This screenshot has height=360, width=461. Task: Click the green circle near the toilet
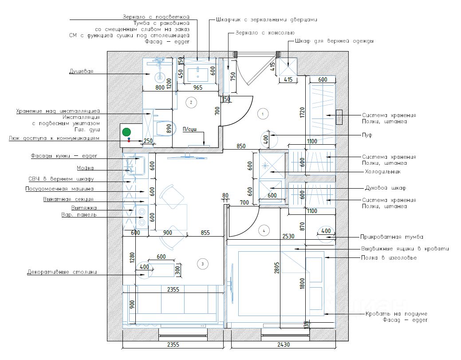[x=127, y=132]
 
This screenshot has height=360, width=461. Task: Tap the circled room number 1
[x=263, y=114]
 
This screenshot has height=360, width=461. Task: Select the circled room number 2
[x=191, y=103]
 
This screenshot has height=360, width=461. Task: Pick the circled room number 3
[x=202, y=264]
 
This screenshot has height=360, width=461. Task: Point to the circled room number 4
[x=264, y=230]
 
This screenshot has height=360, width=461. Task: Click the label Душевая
[x=81, y=71]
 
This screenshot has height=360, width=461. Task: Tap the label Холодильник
[x=382, y=171]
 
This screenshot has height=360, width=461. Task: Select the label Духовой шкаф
[x=385, y=188]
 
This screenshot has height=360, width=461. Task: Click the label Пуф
[x=366, y=135]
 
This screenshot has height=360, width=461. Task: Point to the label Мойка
[x=85, y=168]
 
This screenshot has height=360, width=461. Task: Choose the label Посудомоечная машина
[x=59, y=189]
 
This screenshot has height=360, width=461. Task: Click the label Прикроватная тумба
[x=392, y=237]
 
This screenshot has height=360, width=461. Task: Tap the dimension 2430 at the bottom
[x=284, y=344]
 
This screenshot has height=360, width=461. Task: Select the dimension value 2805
[x=277, y=268]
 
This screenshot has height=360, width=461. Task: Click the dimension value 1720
[x=302, y=113]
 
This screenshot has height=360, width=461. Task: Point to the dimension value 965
[x=198, y=87]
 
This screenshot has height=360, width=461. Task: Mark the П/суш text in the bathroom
[x=189, y=129]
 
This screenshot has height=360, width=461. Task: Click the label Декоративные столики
[x=62, y=272]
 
